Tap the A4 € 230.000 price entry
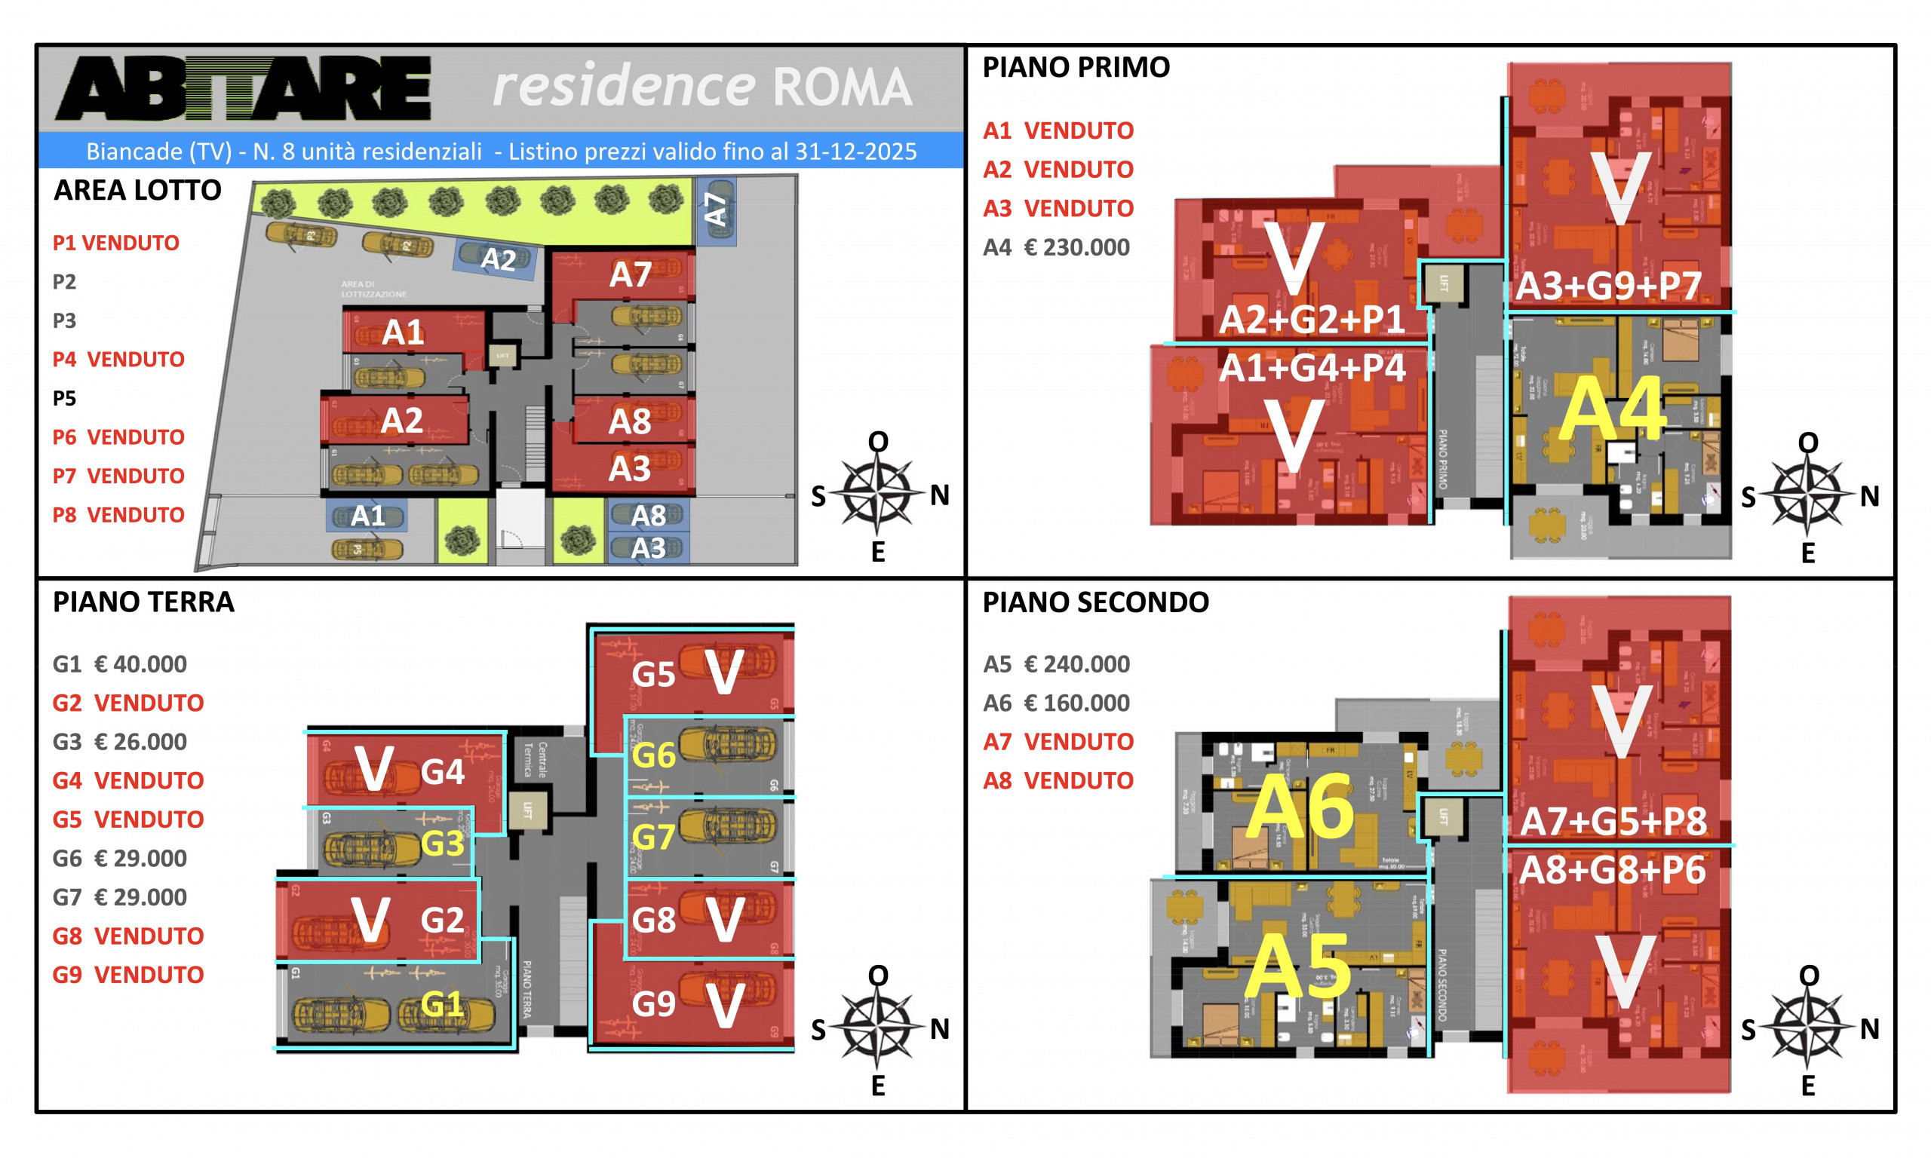[x=1056, y=247]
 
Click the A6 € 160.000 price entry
[x=1056, y=703]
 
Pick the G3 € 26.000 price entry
[x=119, y=741]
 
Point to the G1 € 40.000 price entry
[x=119, y=664]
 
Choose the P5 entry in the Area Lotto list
[x=64, y=398]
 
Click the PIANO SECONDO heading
[x=1095, y=602]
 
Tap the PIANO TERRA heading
[x=143, y=602]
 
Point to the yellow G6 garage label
[x=653, y=755]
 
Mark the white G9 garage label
[x=653, y=1004]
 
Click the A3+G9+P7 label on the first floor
[x=1608, y=286]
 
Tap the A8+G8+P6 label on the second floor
[x=1613, y=871]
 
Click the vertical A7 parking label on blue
[x=716, y=209]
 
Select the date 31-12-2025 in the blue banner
[x=855, y=152]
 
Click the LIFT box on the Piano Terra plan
[x=527, y=810]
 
